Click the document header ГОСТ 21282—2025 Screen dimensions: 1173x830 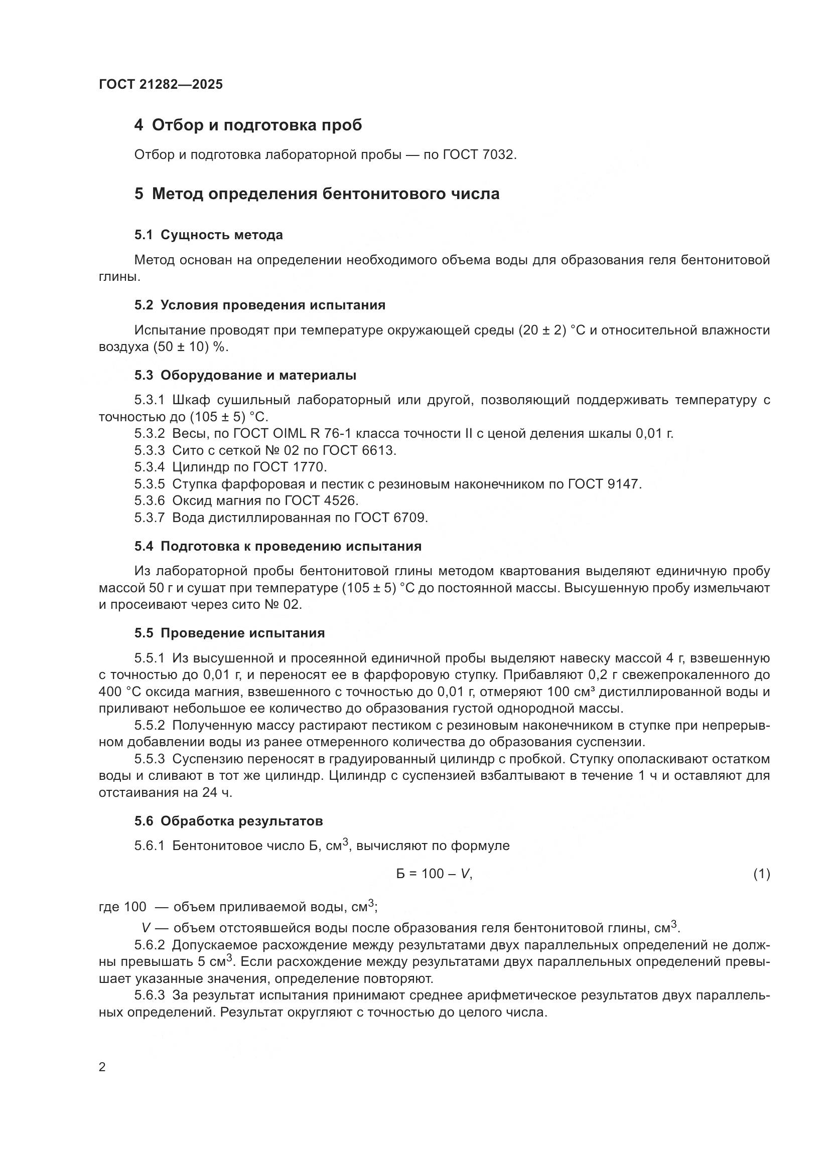161,85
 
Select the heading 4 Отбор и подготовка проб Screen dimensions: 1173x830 248,125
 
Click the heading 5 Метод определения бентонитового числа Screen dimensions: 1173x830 317,194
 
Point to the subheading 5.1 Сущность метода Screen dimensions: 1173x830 209,235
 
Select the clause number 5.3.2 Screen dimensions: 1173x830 150,434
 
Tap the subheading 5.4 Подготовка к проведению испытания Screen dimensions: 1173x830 278,546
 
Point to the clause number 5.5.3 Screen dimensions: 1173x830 150,759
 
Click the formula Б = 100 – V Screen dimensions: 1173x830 434,874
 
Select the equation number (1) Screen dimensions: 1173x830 761,874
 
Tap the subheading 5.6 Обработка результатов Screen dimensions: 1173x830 228,821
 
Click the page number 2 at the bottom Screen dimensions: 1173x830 102,1067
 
